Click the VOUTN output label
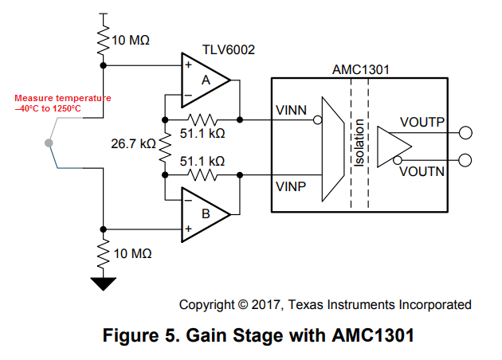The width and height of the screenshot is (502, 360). pos(423,171)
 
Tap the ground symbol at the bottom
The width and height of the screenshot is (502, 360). pos(104,283)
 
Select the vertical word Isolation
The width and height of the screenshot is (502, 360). pos(359,143)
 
